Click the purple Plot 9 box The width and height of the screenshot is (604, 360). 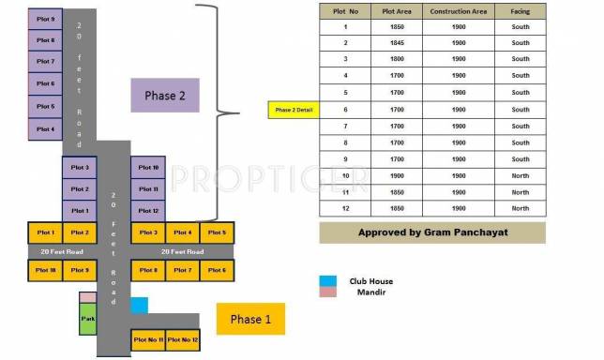[x=46, y=19]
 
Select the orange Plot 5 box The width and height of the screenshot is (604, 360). [x=216, y=232]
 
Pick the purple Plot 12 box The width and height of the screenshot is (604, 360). [x=148, y=210]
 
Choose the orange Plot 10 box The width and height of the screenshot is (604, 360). [x=46, y=270]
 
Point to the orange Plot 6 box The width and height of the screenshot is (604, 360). [x=216, y=270]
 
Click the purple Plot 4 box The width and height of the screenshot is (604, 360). [x=46, y=129]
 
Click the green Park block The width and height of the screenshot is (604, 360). [x=87, y=319]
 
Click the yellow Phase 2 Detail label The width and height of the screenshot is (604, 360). [x=294, y=110]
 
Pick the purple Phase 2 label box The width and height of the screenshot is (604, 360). [x=165, y=96]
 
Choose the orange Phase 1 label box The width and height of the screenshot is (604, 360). [x=250, y=319]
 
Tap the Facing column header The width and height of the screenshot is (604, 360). [x=520, y=11]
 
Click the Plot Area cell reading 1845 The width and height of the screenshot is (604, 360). [x=392, y=42]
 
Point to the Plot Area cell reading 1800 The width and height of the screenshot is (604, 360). [x=392, y=59]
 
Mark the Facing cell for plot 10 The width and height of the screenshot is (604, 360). [x=520, y=175]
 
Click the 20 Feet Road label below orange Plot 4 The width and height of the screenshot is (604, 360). [x=182, y=251]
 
